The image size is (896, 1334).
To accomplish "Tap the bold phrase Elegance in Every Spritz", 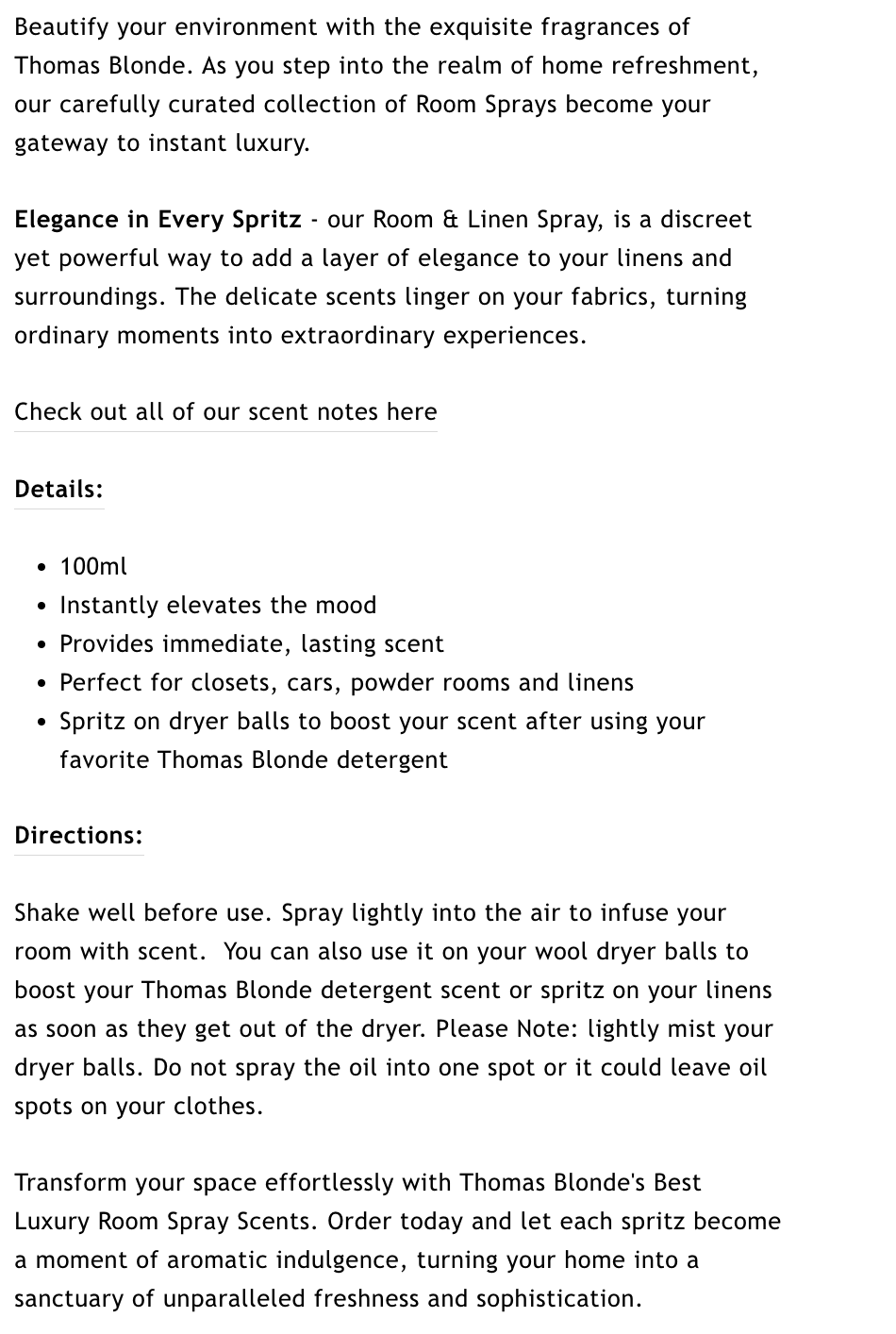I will pos(158,220).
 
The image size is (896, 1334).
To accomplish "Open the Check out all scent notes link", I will pos(225,412).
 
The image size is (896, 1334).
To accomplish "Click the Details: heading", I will pos(58,490).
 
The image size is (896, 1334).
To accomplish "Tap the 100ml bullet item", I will pos(92,567).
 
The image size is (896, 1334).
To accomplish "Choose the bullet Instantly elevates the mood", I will pos(218,606).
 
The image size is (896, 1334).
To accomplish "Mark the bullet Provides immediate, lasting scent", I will pos(251,644).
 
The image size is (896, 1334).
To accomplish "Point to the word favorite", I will pos(104,760).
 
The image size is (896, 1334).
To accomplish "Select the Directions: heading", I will pos(78,836).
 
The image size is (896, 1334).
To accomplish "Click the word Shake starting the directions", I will pos(47,913).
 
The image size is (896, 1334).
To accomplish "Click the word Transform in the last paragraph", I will pos(71,1183).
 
